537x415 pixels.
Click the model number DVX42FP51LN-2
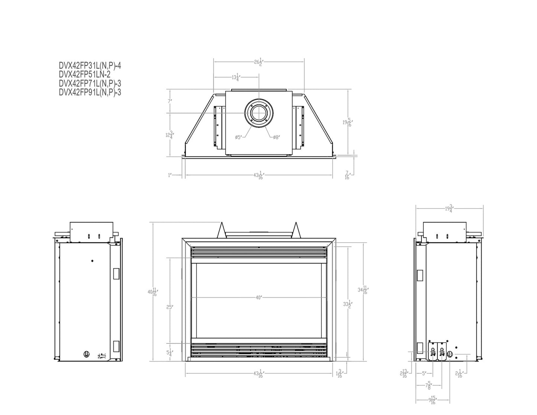coord(82,75)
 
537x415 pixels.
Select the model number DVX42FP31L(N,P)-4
coord(90,66)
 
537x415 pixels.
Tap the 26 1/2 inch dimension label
coord(259,62)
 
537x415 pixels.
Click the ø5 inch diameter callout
coord(239,137)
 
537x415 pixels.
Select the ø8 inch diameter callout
coord(276,137)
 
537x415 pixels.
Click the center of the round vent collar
coord(259,113)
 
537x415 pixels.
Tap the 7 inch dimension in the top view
coord(169,101)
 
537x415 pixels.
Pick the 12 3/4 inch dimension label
coord(169,135)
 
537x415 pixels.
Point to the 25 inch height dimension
coord(169,307)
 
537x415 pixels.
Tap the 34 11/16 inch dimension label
coord(363,290)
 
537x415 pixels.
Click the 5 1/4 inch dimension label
coord(169,353)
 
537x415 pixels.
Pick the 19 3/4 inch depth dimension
coord(449,208)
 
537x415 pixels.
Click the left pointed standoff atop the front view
coord(222,230)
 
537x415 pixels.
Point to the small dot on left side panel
coord(93,261)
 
